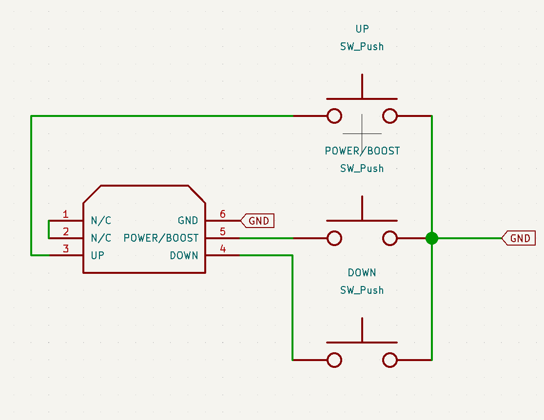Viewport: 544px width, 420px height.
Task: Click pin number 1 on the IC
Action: coord(66,214)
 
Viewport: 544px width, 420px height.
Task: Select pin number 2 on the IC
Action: coord(66,231)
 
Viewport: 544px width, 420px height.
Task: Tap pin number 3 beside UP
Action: coord(66,248)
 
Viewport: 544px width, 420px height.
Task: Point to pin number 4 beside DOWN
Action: coord(223,248)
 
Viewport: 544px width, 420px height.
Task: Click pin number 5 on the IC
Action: coord(223,231)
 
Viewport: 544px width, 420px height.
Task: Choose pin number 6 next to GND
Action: coord(223,214)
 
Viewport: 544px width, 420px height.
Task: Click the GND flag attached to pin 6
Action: coord(257,221)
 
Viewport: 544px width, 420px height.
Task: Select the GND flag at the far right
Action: coord(519,238)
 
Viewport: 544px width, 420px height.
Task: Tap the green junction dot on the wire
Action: coord(432,238)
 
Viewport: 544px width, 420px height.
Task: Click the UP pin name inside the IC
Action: coord(97,256)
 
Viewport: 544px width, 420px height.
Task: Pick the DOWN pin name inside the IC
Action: coord(184,256)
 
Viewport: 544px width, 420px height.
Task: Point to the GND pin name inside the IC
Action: coord(188,221)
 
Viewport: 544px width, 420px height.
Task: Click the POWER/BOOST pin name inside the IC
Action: coord(161,238)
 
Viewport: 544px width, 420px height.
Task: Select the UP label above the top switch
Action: coord(362,29)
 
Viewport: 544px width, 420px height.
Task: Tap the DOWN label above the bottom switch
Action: coord(362,272)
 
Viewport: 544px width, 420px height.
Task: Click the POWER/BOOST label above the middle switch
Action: coord(362,151)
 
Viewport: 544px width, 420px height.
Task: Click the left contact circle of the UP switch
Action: coord(334,116)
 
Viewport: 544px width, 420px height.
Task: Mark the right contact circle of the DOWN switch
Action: coord(390,360)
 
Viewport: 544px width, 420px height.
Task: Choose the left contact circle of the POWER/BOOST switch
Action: coord(334,238)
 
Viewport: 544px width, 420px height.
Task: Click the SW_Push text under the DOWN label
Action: coord(362,290)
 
